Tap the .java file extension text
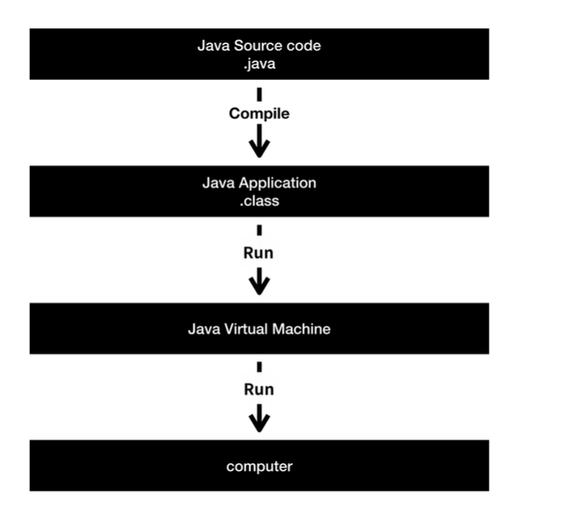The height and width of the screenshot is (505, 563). coord(259,64)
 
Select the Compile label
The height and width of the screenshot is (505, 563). coord(259,114)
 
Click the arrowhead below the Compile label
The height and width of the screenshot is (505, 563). coord(259,148)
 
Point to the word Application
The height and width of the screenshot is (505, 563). coord(277,183)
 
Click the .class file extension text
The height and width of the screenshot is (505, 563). coord(259,201)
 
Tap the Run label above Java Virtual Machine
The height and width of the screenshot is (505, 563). coord(258,253)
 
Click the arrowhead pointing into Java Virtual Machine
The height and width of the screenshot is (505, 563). coord(259,286)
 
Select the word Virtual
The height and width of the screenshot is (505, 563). coord(246,329)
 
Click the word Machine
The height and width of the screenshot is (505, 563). coord(302,329)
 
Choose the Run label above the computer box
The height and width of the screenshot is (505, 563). coord(259,390)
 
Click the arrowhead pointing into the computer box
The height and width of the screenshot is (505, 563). coord(259,423)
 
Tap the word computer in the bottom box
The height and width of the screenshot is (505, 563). coord(259,466)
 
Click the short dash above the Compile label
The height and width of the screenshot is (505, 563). coord(259,95)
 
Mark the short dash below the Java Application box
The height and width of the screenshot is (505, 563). coord(259,230)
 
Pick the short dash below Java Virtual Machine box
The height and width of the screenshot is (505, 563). coord(259,367)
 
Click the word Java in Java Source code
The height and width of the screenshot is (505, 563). coord(214,46)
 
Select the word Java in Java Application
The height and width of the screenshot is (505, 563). coord(218,183)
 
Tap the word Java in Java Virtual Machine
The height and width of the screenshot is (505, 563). coord(204,329)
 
